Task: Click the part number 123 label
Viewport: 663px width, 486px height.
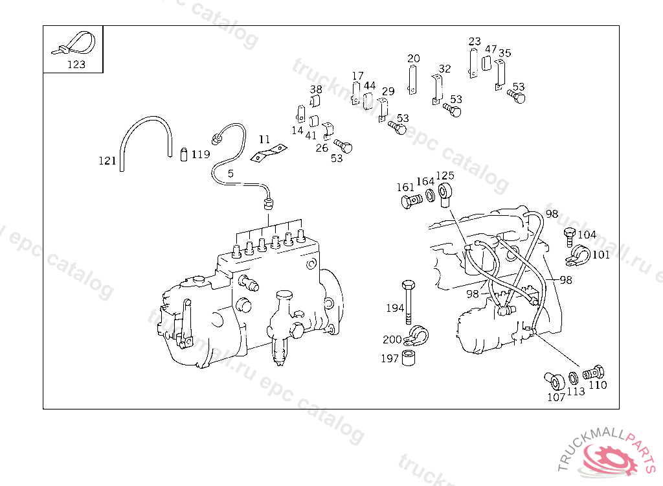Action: (x=76, y=64)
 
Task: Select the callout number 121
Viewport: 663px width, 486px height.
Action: (x=107, y=161)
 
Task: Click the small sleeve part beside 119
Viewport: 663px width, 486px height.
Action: (x=183, y=154)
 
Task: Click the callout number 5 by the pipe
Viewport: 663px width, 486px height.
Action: (x=230, y=174)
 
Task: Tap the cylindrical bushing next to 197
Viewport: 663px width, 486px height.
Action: (x=409, y=358)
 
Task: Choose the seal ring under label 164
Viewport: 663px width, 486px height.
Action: (x=429, y=195)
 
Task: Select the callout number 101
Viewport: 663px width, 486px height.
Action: (x=601, y=255)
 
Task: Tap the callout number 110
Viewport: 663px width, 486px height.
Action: (x=598, y=385)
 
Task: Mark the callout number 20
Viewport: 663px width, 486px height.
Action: (x=414, y=58)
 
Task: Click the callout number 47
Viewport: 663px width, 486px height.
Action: (x=491, y=49)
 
